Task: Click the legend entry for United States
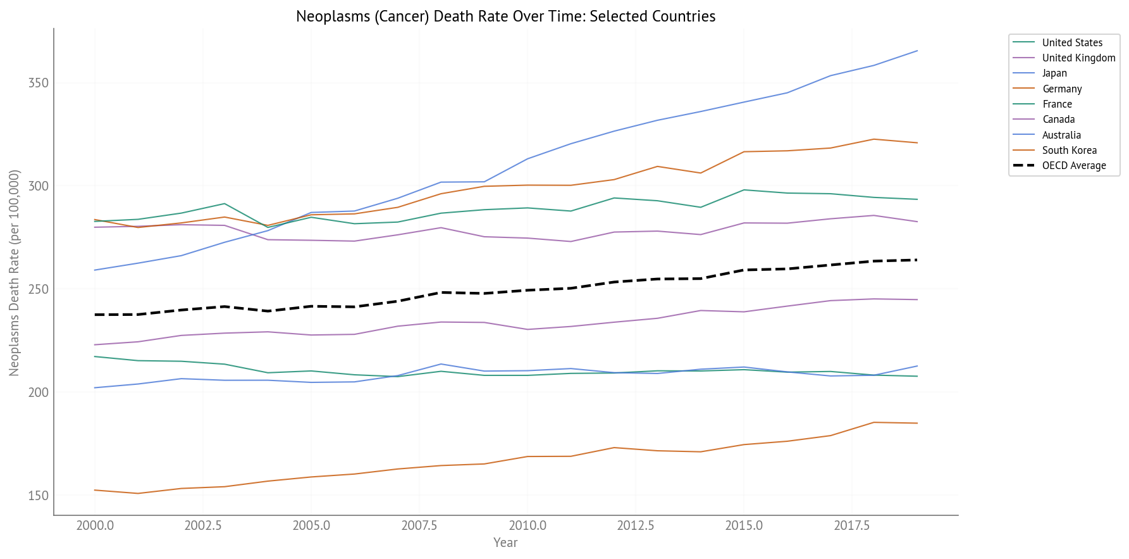point(1071,42)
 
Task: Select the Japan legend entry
point(1054,73)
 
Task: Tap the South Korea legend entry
point(1069,151)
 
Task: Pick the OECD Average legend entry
point(1073,166)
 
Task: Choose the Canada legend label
point(1058,120)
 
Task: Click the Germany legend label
point(1062,89)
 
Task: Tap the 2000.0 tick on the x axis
point(95,526)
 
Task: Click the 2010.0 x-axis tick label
point(527,526)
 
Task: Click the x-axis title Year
point(505,543)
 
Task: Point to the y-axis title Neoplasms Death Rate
point(15,272)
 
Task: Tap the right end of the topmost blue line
point(917,51)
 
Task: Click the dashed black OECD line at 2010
point(527,290)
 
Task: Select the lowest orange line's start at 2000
point(95,490)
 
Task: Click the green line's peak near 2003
point(224,204)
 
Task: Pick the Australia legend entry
point(1061,135)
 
